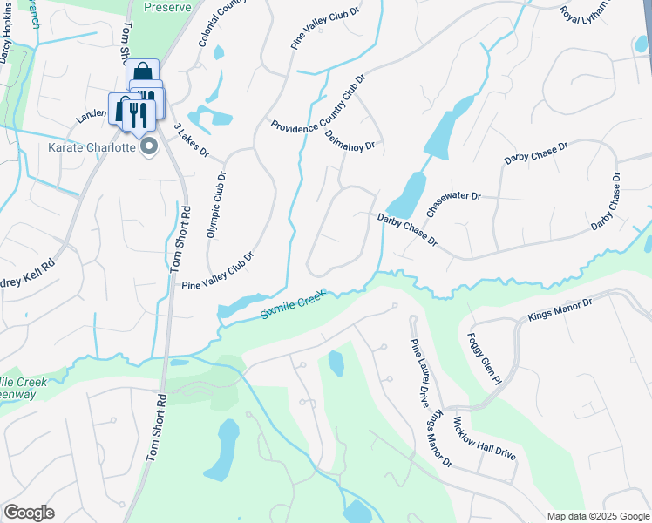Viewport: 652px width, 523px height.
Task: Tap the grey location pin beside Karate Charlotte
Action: point(149,146)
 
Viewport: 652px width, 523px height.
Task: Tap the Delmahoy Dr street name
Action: point(349,134)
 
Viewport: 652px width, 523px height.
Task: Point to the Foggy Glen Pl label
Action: point(485,357)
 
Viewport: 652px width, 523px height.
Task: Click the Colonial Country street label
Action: point(218,24)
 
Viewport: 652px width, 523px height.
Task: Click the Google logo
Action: point(29,513)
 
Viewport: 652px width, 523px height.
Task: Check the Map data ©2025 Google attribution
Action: point(597,516)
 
